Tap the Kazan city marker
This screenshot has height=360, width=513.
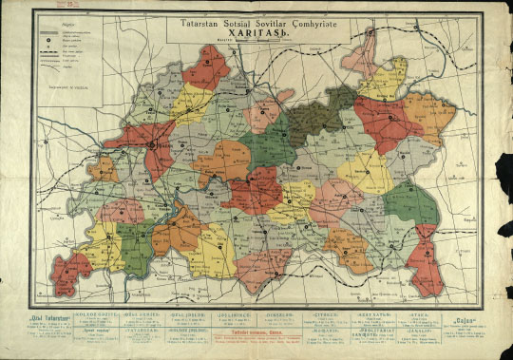point(153,144)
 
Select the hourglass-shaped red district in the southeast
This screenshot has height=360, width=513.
point(424,260)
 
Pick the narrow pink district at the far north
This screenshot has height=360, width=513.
point(362,57)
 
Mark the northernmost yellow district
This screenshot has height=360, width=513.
point(386,78)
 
